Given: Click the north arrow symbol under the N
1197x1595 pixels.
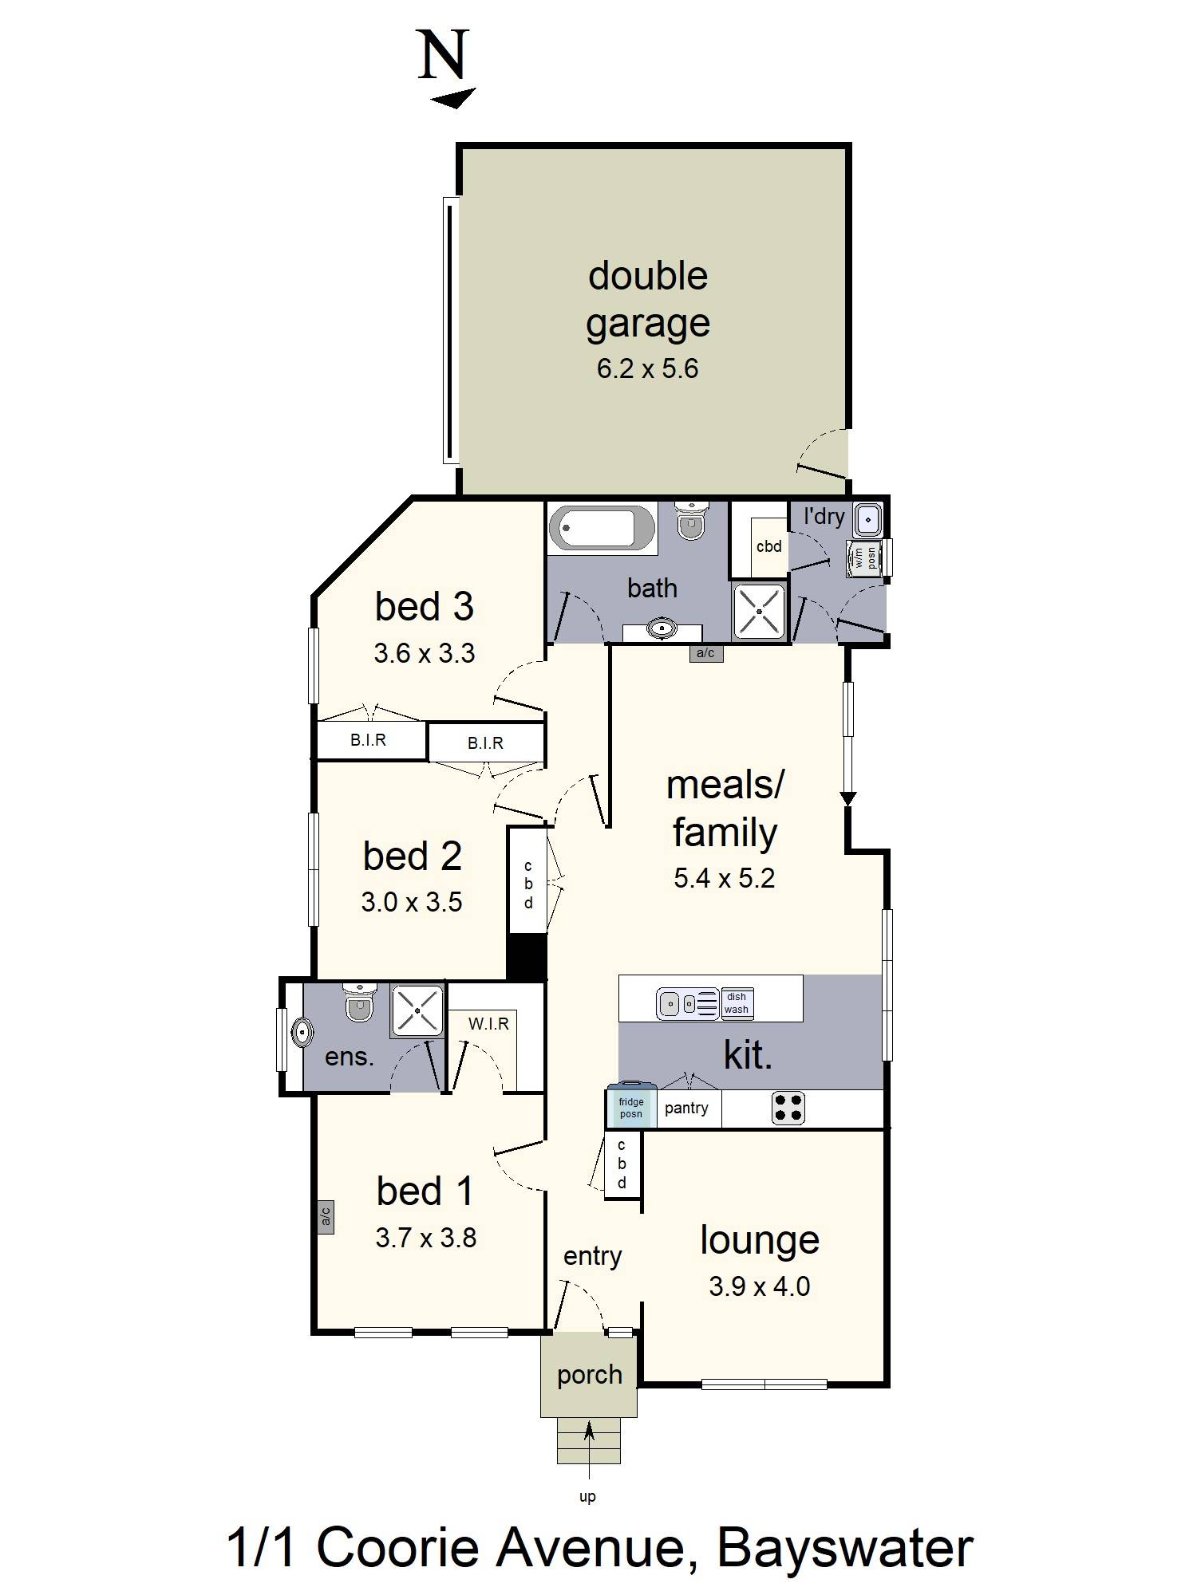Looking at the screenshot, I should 453,98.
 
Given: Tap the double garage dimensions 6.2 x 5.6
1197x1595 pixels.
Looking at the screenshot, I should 647,368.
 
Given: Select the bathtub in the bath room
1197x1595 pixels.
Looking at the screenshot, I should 602,528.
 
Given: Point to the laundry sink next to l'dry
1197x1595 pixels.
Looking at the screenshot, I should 867,519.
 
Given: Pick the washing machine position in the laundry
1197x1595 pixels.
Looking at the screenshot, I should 863,557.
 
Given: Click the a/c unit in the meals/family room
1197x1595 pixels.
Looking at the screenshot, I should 705,654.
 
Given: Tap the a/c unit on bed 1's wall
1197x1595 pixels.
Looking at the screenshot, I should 325,1217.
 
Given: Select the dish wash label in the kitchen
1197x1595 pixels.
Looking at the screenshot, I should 737,1003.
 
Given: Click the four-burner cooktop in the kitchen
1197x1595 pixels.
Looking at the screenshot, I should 788,1108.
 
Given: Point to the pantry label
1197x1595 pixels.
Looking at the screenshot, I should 686,1108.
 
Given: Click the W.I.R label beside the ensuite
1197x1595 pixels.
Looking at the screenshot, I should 488,1024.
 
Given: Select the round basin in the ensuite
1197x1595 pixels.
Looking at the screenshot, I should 302,1034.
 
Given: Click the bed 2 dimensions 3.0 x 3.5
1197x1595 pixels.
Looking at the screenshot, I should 412,902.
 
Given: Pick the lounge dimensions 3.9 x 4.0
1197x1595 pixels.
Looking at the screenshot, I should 759,1286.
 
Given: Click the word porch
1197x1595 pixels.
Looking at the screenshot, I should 589,1375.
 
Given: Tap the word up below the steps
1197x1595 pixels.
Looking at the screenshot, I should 587,1497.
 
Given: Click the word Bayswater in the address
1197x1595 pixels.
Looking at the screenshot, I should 844,1548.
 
